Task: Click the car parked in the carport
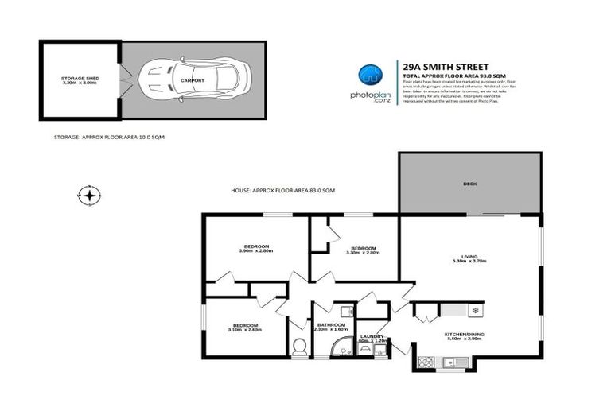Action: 183,79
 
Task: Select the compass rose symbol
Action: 89,194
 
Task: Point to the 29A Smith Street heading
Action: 447,66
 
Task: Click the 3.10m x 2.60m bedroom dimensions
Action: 245,328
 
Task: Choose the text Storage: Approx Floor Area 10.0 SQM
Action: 109,137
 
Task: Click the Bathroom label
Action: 331,324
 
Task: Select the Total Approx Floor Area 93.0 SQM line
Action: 449,75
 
